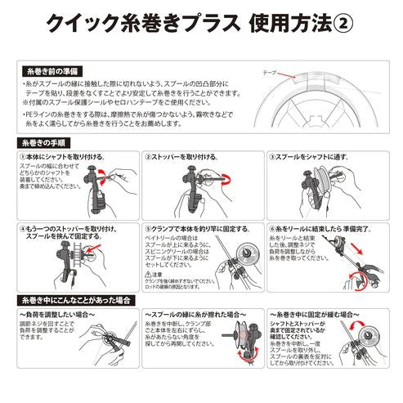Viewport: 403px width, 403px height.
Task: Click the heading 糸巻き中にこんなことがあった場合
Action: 72,301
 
